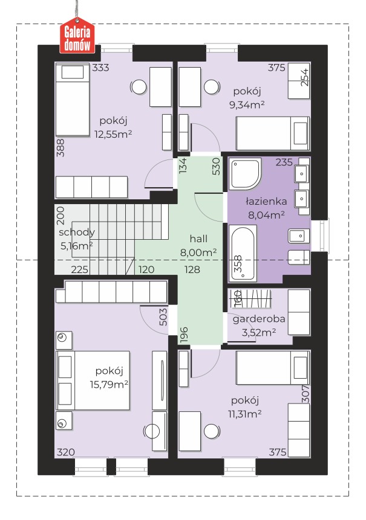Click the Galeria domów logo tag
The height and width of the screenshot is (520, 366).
pos(77,38)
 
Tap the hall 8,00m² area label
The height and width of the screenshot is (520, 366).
pos(198,246)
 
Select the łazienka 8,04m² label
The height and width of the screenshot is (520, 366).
pos(266,208)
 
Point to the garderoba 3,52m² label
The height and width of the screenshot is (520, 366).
pos(259,326)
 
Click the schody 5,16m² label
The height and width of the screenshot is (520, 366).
pos(76,239)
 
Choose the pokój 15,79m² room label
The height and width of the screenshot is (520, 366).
pos(109,377)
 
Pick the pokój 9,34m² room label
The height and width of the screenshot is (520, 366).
pos(247,98)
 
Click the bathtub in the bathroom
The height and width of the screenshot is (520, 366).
pos(243,252)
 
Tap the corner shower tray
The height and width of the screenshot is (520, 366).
pos(245,174)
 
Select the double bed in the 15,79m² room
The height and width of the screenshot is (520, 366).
pos(93,380)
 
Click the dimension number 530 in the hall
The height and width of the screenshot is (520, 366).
pos(216,166)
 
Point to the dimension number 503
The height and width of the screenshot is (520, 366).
pos(163,317)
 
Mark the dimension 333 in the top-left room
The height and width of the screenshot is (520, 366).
pos(100,68)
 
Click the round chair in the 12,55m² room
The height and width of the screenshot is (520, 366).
pos(139,87)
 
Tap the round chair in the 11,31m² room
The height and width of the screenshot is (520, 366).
pos(212,431)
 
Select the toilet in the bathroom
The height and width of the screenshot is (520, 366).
pos(299,257)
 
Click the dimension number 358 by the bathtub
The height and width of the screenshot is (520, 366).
pos(238,264)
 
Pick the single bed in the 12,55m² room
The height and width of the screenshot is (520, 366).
pos(73,100)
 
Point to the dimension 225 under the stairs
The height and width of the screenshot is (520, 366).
pos(80,269)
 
